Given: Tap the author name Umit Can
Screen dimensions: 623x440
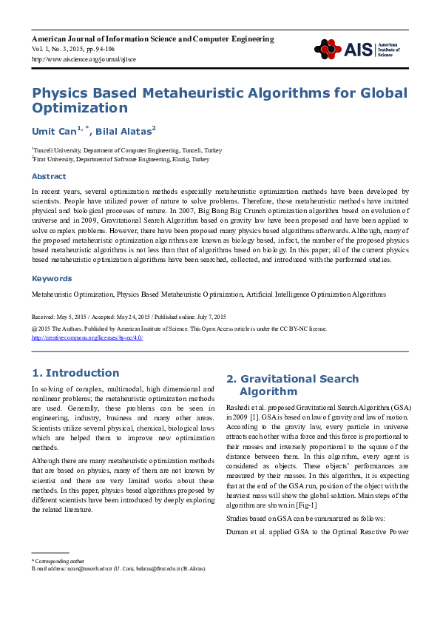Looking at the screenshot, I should (56, 132).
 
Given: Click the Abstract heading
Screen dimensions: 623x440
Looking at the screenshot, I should (48, 176).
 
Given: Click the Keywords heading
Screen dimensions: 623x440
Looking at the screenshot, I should (51, 278).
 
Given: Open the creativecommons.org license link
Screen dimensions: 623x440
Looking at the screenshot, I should (87, 337).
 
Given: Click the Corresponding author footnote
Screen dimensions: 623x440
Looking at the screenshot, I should (59, 562).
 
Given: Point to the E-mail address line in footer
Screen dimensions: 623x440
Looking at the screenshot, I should (118, 568).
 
